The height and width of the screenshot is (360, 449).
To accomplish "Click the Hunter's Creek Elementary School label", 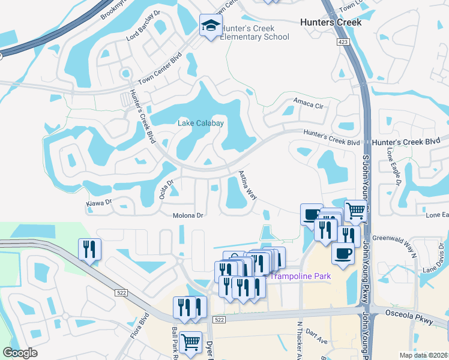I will point(255,32).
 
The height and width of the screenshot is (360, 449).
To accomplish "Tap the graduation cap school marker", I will point(210,26).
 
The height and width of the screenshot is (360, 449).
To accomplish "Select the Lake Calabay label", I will point(200,124).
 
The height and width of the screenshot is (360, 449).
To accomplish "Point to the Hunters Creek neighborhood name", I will point(331,22).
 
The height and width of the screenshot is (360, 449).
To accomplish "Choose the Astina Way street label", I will point(248,186).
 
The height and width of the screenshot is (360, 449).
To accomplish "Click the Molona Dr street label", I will point(185,216).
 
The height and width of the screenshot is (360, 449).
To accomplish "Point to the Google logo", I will point(20,353).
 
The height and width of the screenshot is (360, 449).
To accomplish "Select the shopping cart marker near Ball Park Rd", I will point(190,341).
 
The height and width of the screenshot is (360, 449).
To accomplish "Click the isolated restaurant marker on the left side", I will point(89,249).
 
